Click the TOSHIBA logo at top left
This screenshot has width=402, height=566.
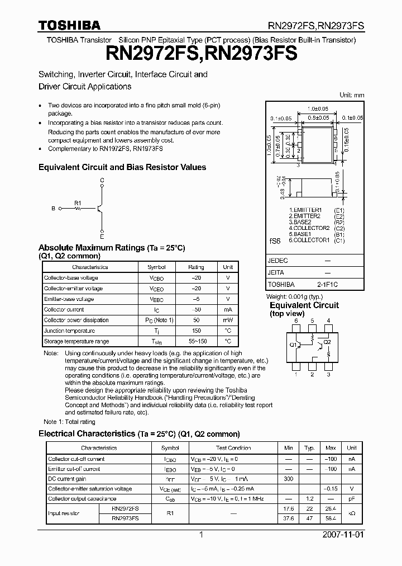coord(69,25)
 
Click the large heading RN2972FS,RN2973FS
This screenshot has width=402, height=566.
coord(201,54)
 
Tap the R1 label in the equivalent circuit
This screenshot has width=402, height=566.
coord(78,202)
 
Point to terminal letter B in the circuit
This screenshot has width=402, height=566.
coord(53,208)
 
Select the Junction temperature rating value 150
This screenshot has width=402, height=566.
coord(196,331)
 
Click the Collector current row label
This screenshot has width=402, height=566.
coord(64,309)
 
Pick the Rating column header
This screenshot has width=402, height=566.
coord(196,267)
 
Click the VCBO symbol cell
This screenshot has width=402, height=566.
coord(156,278)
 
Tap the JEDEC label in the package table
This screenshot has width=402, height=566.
coord(278,261)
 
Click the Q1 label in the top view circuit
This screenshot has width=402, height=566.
coord(293,345)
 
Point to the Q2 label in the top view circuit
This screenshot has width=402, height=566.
coord(328,341)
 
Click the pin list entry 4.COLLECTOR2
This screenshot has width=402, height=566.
coord(309,228)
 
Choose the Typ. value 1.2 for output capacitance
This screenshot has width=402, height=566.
coord(309,498)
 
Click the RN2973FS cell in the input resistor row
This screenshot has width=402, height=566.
coord(125,518)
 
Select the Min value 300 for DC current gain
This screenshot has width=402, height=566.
coord(288,479)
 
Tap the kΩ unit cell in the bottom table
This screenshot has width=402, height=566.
coord(352,513)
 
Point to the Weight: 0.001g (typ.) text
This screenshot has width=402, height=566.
coord(295,296)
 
